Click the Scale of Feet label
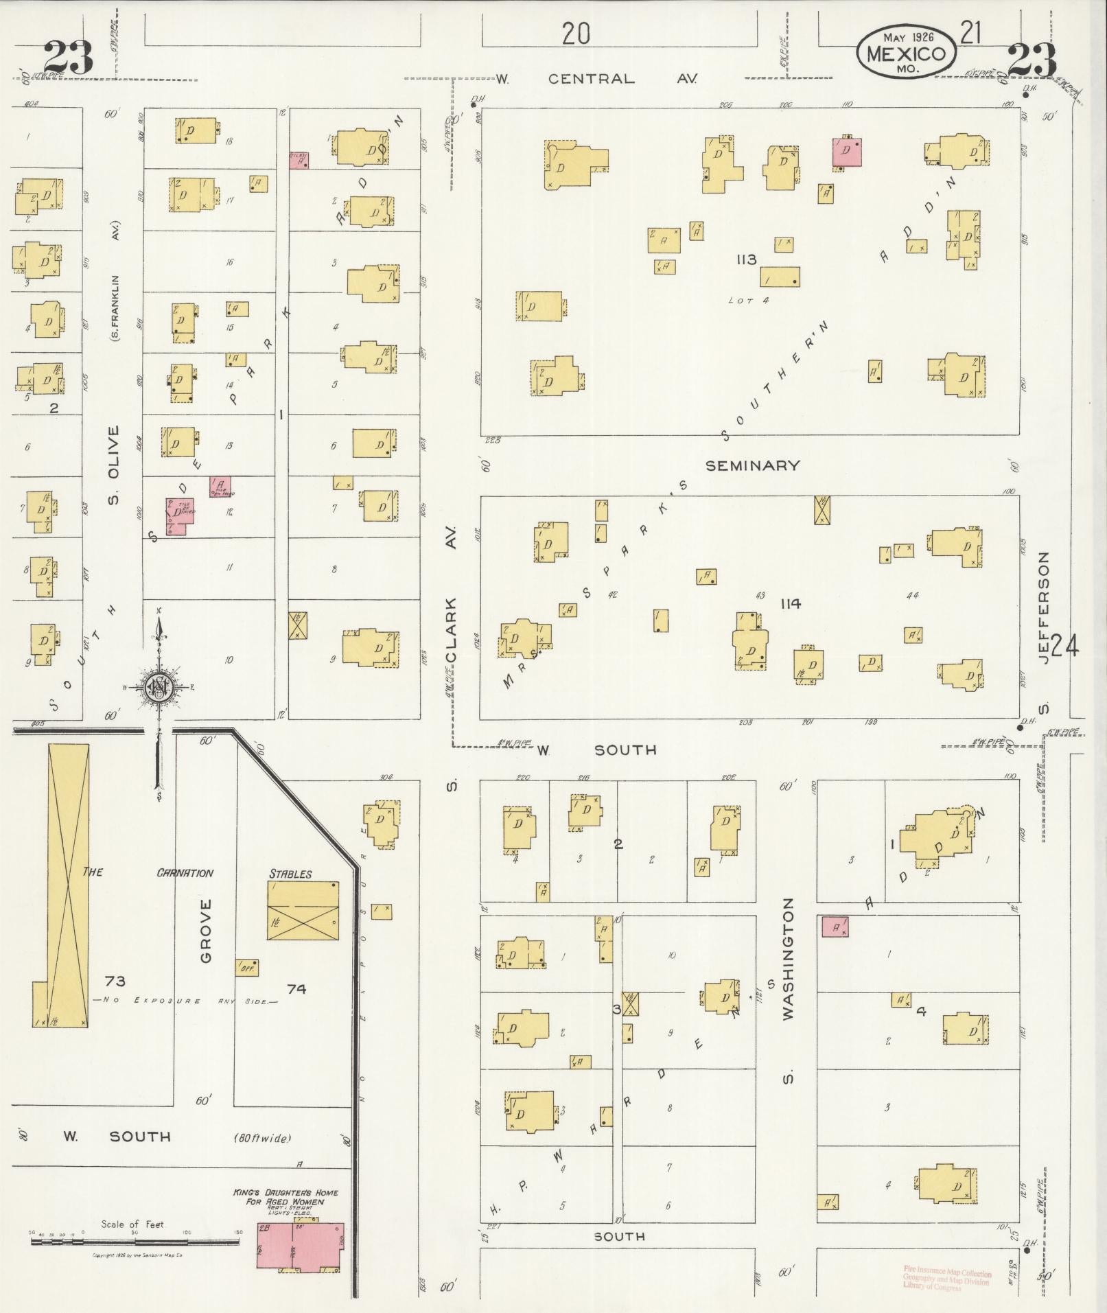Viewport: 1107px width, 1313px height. (x=132, y=1224)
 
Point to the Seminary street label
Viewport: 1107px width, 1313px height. (x=753, y=465)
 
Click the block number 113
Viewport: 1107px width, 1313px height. (x=746, y=259)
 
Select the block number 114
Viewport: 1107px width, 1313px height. (x=790, y=604)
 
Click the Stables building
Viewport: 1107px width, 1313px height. (x=303, y=910)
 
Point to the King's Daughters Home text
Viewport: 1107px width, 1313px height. (x=286, y=1196)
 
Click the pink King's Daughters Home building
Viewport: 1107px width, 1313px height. (x=300, y=1245)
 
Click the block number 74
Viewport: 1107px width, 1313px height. (x=296, y=988)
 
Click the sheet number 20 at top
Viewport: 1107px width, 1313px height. (x=575, y=33)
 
